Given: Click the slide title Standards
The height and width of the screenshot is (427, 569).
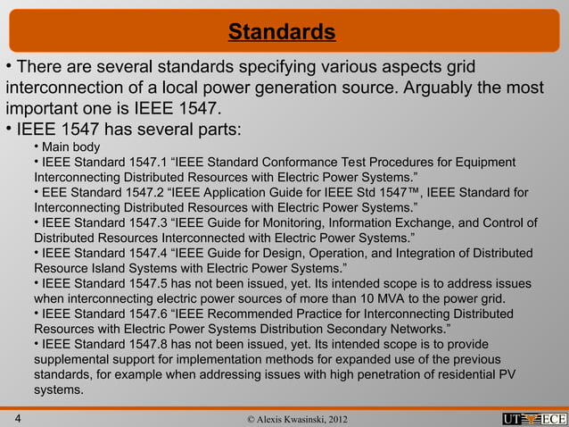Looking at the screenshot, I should [282, 33].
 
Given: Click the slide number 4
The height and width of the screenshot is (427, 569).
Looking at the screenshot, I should [18, 418].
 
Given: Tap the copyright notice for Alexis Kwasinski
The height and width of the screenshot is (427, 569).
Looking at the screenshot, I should [284, 419].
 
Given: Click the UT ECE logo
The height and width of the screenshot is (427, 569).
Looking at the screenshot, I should [534, 419].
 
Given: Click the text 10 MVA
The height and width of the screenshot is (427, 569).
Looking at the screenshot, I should [392, 298].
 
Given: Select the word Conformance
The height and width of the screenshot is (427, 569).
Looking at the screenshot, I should [292, 162].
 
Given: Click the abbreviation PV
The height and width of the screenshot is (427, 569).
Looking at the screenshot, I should [505, 374].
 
